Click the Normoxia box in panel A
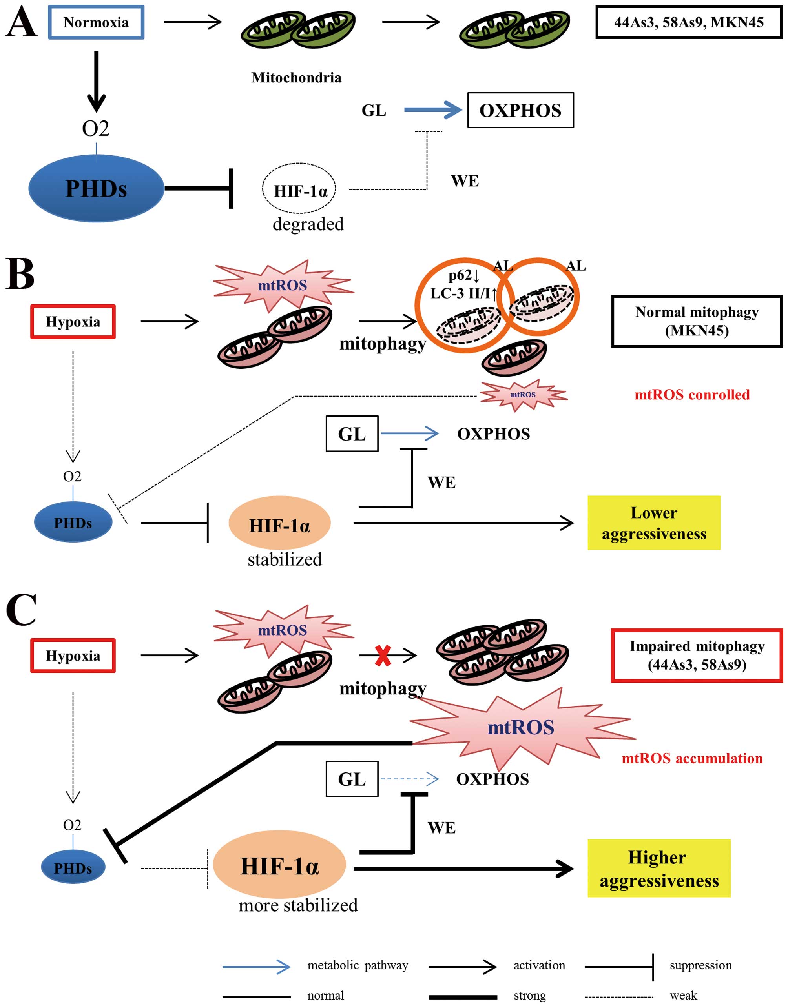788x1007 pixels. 96,22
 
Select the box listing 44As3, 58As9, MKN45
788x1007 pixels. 688,22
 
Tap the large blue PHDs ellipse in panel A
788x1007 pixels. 96,188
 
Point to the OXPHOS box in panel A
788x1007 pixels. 520,110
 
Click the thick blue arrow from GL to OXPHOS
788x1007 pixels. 433,110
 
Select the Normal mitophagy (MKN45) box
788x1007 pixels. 697,321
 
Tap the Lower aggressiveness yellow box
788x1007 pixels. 654,523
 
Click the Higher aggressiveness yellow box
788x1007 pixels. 659,869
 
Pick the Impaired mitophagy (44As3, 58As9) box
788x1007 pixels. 697,655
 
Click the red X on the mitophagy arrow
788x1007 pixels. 383,656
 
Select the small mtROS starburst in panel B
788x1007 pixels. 523,395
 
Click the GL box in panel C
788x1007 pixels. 352,779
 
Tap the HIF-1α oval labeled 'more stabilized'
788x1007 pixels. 279,866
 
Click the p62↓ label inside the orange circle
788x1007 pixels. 464,276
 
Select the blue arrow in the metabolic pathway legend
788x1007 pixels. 257,967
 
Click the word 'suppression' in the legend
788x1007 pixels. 701,965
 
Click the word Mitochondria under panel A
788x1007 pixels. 296,77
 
